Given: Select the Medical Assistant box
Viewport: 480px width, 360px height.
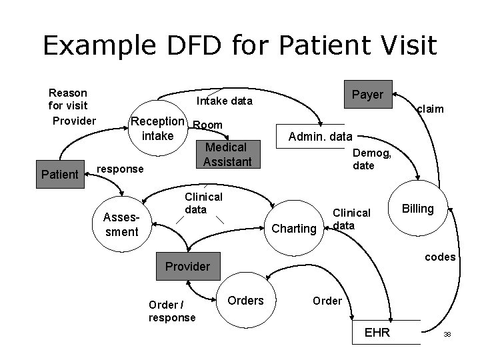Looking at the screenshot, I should point(225,155).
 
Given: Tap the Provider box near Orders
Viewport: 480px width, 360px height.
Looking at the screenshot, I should point(187,267).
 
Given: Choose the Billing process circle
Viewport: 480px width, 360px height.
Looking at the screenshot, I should point(418,209).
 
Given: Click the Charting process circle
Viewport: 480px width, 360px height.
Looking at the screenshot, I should point(293,229).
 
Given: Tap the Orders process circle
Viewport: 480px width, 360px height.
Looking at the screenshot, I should point(245,301).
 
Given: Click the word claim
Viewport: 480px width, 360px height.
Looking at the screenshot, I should point(429,109).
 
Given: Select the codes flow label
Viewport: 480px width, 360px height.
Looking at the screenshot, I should point(440,257).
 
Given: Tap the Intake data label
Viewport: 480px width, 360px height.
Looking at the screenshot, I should point(224,101).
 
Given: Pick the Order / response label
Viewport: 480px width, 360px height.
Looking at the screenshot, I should point(172,311).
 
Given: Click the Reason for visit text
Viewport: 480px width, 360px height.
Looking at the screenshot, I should point(69,99).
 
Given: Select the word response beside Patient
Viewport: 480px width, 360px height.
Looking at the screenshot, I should point(120,169).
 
